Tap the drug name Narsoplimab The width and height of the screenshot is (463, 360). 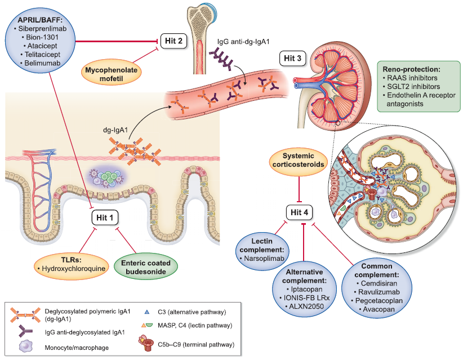[264, 258]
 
